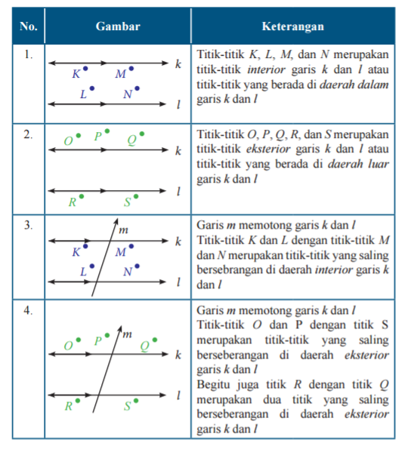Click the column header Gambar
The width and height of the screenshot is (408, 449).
click(118, 26)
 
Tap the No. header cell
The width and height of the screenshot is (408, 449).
click(29, 26)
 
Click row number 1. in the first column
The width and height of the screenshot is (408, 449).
click(28, 55)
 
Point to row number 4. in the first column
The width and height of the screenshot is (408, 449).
click(28, 310)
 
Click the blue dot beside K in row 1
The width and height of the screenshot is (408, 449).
click(85, 69)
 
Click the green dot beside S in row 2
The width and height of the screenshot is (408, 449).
click(137, 198)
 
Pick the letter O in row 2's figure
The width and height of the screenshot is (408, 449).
click(68, 140)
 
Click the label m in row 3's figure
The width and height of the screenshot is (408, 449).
click(124, 228)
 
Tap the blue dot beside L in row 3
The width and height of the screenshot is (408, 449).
click(92, 266)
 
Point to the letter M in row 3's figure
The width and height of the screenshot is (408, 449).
click(120, 253)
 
